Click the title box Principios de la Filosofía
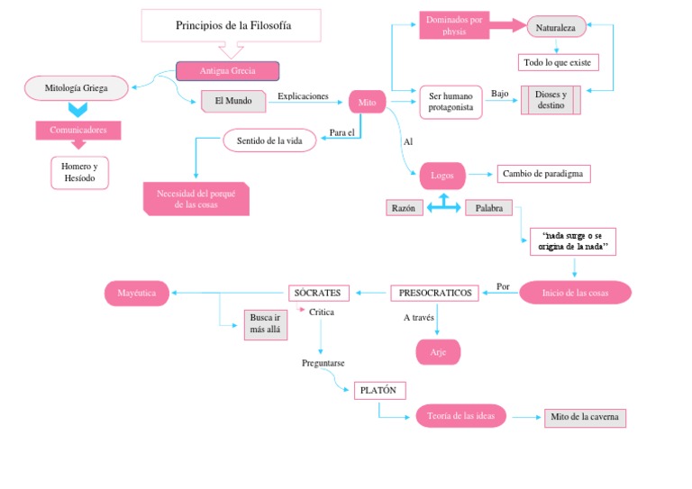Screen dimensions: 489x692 232,25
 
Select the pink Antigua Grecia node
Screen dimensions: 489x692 227,71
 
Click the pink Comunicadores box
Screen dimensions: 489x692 78,130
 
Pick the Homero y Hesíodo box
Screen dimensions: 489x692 79,173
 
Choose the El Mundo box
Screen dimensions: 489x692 233,101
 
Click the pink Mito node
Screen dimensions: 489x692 367,103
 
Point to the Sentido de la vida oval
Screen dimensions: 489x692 269,141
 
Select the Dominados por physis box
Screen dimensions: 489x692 454,25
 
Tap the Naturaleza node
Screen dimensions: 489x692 556,28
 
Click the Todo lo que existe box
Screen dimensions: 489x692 558,62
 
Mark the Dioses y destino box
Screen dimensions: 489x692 551,100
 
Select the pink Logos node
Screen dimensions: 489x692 442,176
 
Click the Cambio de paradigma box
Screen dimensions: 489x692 543,174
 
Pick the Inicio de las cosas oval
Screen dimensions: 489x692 574,293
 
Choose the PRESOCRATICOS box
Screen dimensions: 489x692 434,293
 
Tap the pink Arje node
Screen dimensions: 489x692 438,352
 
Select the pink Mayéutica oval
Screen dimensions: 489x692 137,293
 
